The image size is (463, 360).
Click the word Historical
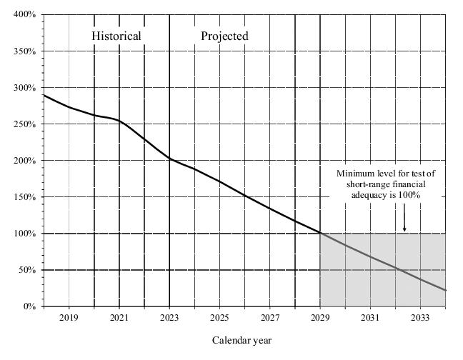pos(116,36)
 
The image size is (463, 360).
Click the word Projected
pos(224,36)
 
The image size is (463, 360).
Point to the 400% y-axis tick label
pos(25,15)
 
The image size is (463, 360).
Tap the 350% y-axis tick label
pos(25,51)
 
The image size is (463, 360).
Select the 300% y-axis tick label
pos(25,88)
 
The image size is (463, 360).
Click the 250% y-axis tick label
pos(25,124)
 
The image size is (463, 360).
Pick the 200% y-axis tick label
pos(25,161)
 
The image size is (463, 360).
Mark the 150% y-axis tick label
pos(25,197)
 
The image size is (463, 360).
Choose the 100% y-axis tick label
pos(25,234)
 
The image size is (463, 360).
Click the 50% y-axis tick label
pos(27,270)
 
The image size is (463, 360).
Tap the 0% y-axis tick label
pos(29,306)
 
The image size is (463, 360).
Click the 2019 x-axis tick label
pos(69,318)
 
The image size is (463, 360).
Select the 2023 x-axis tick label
pos(169,318)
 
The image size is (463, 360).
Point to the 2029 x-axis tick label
pos(320,318)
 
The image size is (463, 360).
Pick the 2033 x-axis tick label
pos(420,318)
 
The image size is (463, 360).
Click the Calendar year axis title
pos(242,341)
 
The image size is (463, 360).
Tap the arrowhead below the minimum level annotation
pos(404,229)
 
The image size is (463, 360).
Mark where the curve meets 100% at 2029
pos(320,234)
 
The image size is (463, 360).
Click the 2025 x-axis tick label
pos(219,318)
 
